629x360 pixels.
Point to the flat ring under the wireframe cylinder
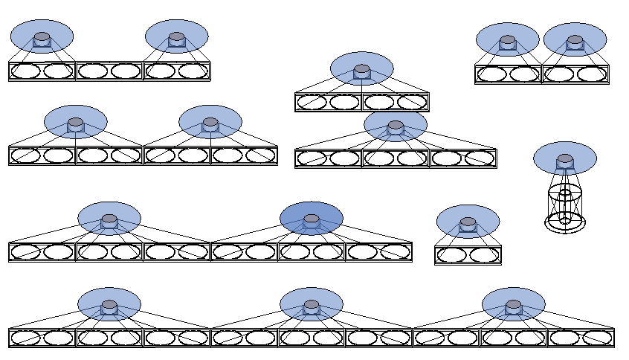[x=565, y=226]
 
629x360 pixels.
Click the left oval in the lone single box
[x=451, y=255]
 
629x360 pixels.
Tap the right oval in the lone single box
[x=485, y=255]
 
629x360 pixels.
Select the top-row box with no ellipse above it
[x=109, y=71]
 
